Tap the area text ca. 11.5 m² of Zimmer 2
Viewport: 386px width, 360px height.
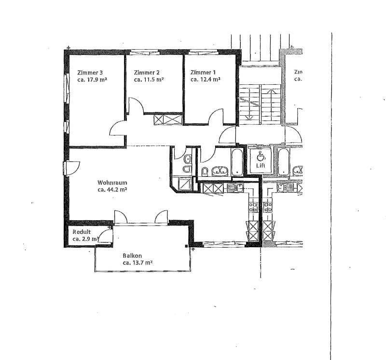coord(149,80)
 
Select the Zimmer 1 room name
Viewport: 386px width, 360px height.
coord(203,73)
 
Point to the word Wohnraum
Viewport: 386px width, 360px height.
coord(112,183)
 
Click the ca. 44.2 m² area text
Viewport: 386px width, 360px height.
coord(112,190)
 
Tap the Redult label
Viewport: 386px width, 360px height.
coord(82,232)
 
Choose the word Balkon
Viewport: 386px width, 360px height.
coord(132,256)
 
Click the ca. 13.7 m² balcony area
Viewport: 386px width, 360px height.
coord(138,263)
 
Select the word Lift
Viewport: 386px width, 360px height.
coord(261,164)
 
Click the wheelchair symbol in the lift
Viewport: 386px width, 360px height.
coord(261,155)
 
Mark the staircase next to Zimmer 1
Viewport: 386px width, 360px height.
coord(261,104)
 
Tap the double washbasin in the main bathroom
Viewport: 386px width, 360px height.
coord(220,171)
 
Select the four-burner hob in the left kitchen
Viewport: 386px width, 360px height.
coord(253,207)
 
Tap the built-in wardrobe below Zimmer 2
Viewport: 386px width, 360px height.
coord(167,119)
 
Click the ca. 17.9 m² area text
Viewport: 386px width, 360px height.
coord(92,80)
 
